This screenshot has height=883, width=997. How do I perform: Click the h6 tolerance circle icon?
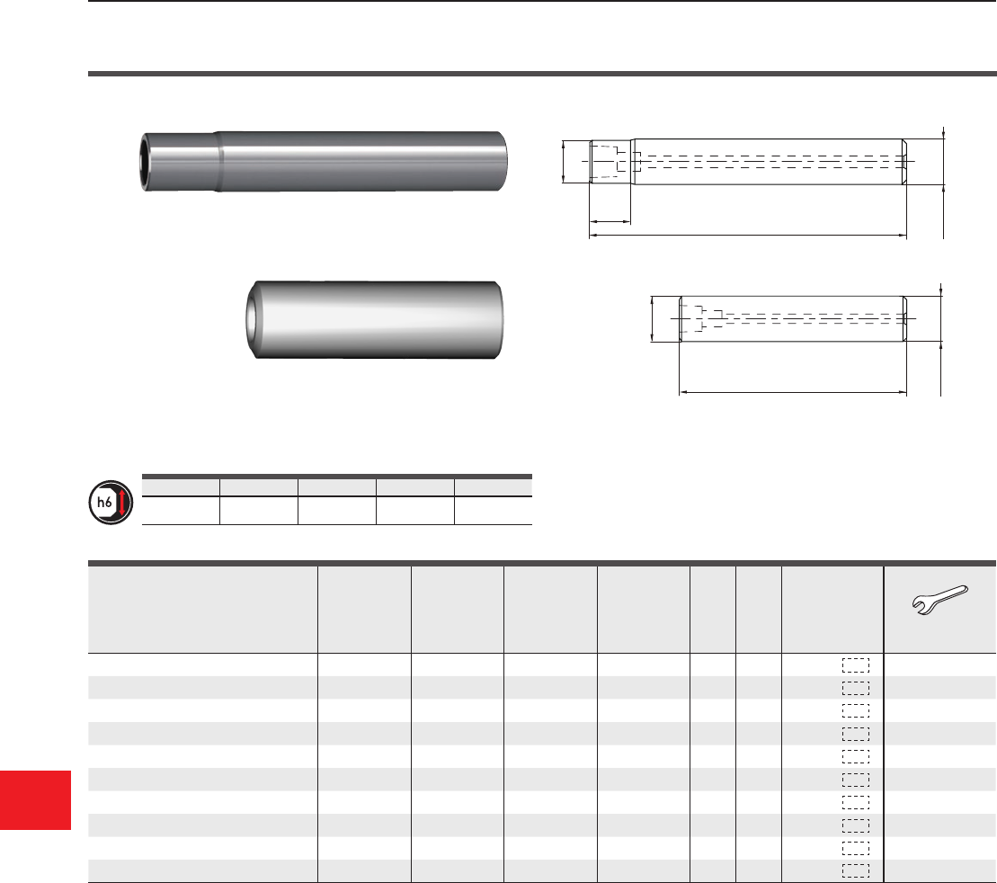[111, 503]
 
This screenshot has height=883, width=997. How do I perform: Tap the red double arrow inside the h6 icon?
[122, 503]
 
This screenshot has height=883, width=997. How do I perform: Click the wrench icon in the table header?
[939, 599]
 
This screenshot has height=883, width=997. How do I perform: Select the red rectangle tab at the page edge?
[35, 799]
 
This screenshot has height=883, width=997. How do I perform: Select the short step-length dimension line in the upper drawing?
[610, 222]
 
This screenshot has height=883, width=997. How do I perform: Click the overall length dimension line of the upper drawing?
[748, 236]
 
